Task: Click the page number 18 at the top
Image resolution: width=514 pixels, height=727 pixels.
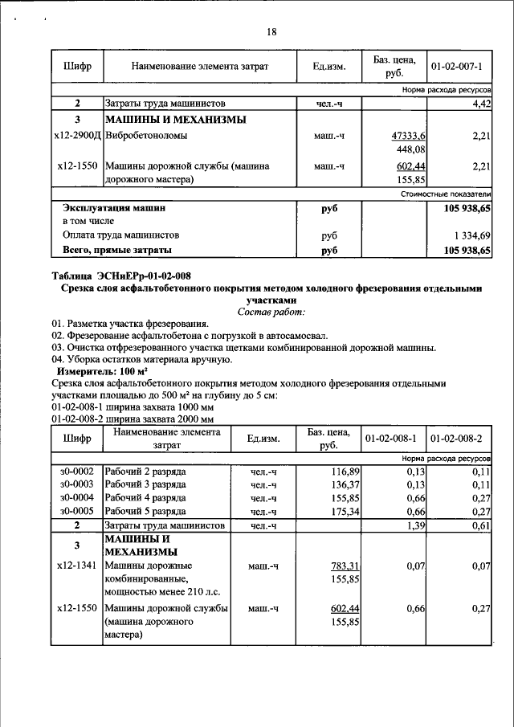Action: click(x=271, y=32)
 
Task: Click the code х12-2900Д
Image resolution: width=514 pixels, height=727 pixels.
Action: click(x=76, y=136)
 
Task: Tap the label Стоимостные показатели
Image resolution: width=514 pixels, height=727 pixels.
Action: click(x=445, y=194)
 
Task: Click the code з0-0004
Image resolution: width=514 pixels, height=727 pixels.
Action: click(x=76, y=498)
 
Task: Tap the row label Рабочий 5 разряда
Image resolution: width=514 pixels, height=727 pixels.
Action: click(x=145, y=511)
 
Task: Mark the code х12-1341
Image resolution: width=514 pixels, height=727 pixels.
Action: click(x=76, y=566)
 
